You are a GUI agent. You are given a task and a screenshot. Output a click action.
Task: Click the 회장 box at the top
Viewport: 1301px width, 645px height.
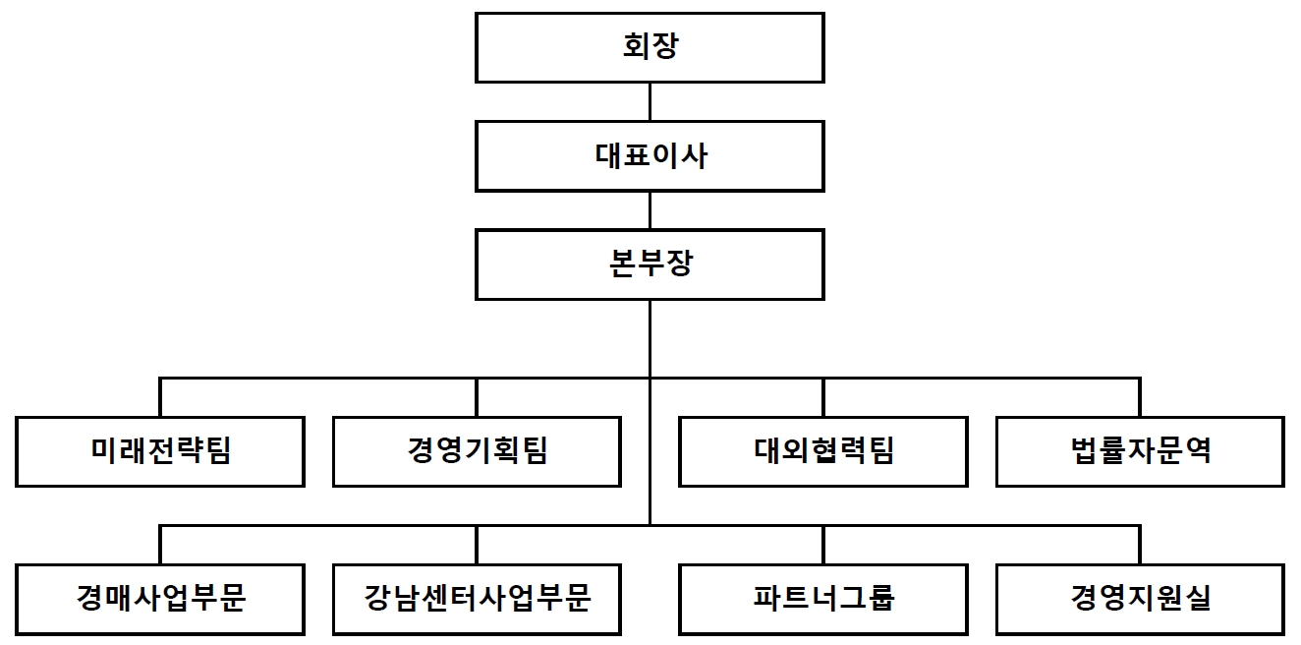(x=650, y=48)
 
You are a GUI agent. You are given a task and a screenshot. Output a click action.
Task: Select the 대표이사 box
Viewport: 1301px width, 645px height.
(x=650, y=156)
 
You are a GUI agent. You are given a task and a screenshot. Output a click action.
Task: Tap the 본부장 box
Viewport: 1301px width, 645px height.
(x=650, y=264)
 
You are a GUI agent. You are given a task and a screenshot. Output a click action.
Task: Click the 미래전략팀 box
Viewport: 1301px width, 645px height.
(x=159, y=451)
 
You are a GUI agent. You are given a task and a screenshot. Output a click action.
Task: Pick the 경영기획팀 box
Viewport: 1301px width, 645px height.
(x=477, y=451)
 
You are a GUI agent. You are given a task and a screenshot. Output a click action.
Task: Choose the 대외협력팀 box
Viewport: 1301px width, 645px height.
(x=823, y=451)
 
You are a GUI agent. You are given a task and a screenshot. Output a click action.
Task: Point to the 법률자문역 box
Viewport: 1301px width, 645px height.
(x=1140, y=451)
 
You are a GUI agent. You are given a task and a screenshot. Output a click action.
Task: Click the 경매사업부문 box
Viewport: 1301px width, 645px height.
(x=159, y=599)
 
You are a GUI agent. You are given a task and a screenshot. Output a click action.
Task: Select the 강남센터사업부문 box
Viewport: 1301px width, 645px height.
(x=477, y=599)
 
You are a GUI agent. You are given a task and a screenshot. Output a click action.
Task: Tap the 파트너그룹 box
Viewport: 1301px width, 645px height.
(x=823, y=599)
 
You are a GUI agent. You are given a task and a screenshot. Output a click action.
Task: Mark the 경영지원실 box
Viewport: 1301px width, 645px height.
(x=1140, y=599)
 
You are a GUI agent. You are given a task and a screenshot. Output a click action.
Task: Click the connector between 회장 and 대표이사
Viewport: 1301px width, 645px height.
(x=650, y=102)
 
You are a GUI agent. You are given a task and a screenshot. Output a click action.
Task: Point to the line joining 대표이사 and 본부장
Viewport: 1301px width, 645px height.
(x=650, y=210)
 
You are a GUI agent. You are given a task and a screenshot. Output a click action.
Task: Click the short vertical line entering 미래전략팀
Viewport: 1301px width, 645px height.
(x=160, y=397)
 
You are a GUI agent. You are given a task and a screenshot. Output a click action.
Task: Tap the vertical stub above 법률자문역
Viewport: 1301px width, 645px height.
(x=1140, y=397)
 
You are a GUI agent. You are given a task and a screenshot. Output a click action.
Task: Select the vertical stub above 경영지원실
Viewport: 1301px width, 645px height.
(x=1140, y=545)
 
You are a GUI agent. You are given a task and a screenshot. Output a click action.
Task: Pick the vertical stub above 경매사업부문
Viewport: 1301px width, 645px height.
(x=160, y=545)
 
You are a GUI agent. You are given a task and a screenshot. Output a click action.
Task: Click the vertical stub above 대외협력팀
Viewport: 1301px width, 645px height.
(x=823, y=397)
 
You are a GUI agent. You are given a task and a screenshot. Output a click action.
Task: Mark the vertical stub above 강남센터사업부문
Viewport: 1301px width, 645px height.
(x=477, y=545)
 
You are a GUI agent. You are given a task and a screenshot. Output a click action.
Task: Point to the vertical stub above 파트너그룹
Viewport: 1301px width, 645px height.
(x=823, y=545)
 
